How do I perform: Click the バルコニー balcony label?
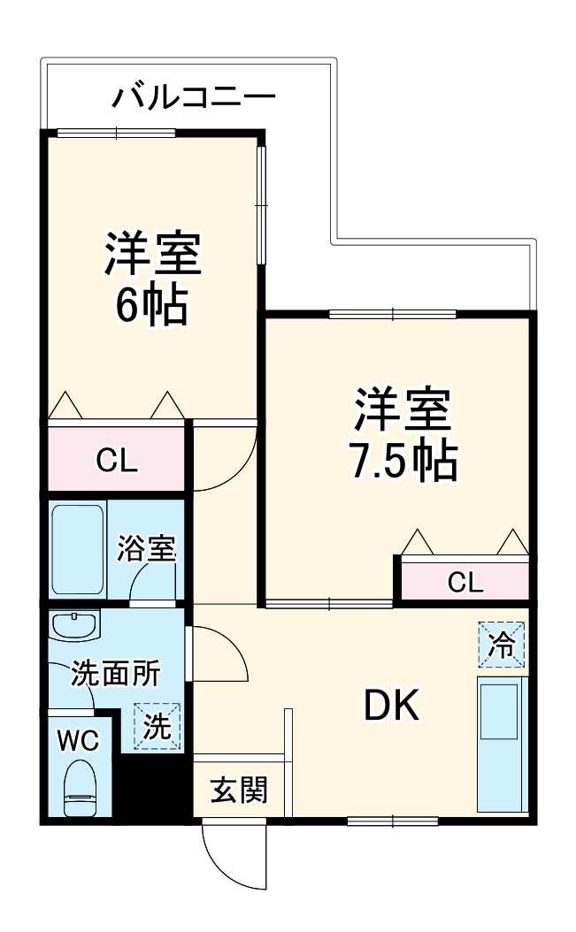click(193, 95)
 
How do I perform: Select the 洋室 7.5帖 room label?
click(403, 433)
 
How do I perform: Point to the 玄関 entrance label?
click(238, 790)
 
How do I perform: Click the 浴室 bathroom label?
click(147, 548)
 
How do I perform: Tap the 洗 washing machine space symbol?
click(157, 727)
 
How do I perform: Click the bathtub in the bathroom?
click(78, 549)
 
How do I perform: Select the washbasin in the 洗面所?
click(75, 625)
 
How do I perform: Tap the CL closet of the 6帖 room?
click(117, 460)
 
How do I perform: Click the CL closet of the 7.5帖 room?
click(465, 581)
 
